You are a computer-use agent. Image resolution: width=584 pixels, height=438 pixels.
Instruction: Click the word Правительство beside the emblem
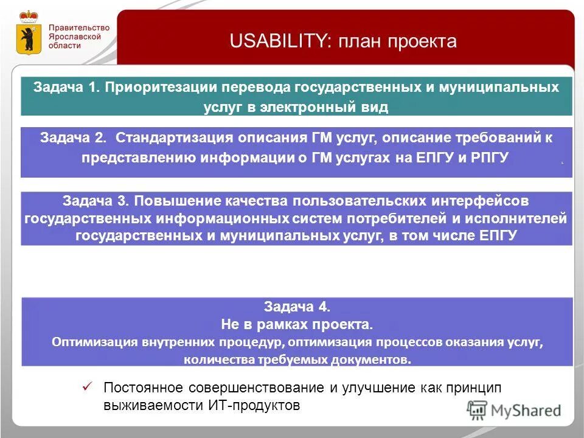point(78,27)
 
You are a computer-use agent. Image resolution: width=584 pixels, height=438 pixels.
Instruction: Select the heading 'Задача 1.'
point(66,87)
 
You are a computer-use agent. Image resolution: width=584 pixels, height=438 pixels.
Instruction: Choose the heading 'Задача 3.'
point(96,201)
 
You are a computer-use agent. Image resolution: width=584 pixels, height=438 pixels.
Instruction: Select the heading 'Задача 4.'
point(297,307)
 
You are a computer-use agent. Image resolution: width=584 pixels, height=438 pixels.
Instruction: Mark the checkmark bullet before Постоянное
point(87,386)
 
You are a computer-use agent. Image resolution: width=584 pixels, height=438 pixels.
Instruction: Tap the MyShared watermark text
point(526,411)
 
